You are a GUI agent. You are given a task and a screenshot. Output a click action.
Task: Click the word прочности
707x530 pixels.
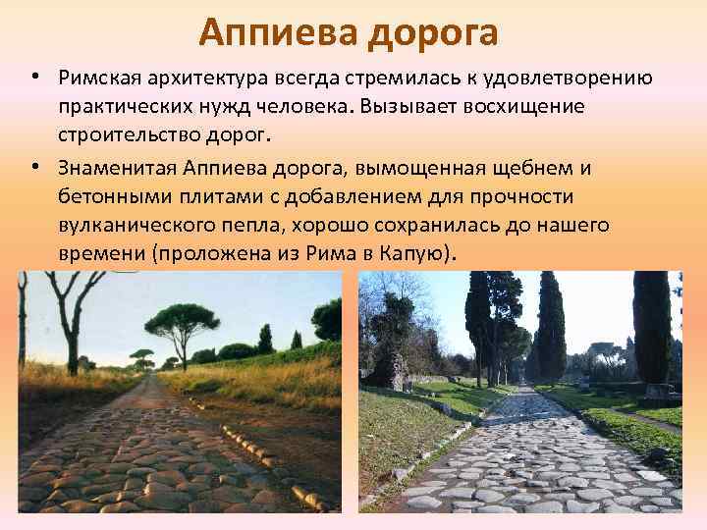tap(541, 197)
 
